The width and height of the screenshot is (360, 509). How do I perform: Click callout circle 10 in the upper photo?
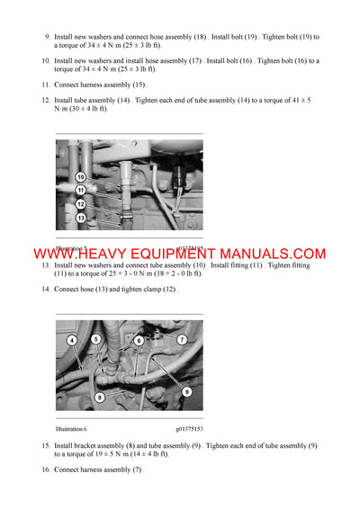pyautogui.click(x=80, y=177)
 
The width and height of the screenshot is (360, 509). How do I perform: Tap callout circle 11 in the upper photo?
pyautogui.click(x=80, y=191)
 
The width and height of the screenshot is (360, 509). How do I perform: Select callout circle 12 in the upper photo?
pyautogui.click(x=80, y=204)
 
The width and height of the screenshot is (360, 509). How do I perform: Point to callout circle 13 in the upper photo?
pyautogui.click(x=80, y=218)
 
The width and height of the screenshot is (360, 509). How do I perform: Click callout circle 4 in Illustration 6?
pyautogui.click(x=72, y=340)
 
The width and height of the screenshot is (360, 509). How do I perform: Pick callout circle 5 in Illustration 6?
pyautogui.click(x=95, y=339)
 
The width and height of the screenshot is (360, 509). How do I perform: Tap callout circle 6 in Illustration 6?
pyautogui.click(x=139, y=341)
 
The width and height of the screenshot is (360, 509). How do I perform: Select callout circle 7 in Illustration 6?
pyautogui.click(x=182, y=339)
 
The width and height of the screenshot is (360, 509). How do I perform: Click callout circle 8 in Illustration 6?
pyautogui.click(x=100, y=397)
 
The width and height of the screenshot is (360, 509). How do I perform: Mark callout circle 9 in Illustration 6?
pyautogui.click(x=186, y=391)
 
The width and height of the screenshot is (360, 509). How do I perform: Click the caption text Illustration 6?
pyautogui.click(x=70, y=430)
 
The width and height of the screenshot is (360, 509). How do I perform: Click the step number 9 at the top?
pyautogui.click(x=47, y=37)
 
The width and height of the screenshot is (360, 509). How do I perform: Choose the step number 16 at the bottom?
pyautogui.click(x=46, y=470)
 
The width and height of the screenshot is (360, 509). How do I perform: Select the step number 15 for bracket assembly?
pyautogui.click(x=46, y=445)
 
